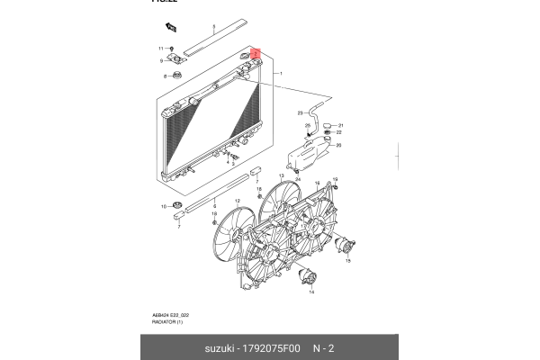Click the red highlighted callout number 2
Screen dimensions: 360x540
coord(256,54)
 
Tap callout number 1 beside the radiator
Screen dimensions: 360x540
coord(282,73)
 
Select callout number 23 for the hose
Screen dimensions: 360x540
coord(301,112)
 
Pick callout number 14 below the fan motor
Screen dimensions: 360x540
coord(311,293)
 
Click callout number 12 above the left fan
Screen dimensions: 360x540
coord(238,202)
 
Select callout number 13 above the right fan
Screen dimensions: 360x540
coord(281,175)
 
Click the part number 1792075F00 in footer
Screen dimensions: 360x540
coord(265,347)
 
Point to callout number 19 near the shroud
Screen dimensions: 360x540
coord(334,178)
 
